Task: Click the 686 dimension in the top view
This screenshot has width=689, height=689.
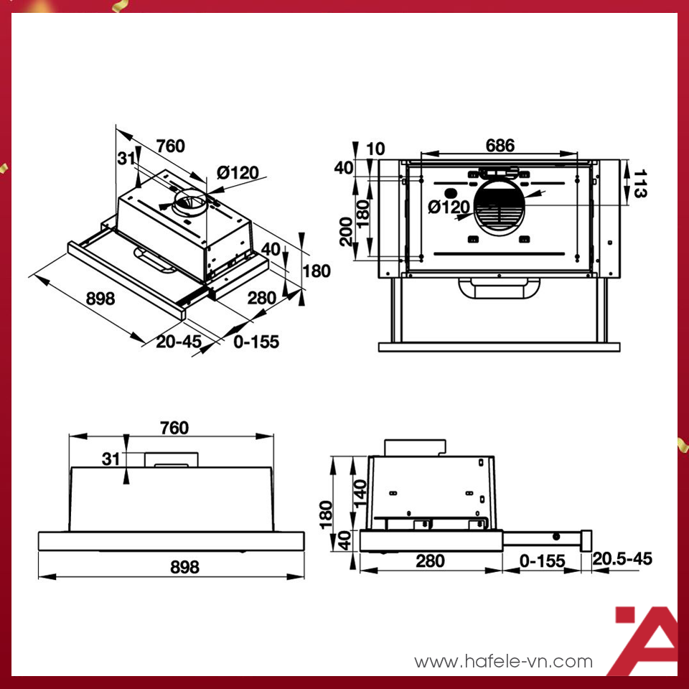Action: pos(500,146)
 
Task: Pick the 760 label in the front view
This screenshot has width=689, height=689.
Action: pos(174,428)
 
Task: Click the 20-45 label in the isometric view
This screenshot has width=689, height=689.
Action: pos(178,342)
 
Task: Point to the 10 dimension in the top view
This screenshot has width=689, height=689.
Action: pos(375,149)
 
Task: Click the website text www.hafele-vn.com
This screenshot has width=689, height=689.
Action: pos(504,661)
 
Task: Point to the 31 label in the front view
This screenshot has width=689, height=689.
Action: pos(110,459)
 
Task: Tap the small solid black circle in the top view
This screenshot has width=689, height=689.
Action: pos(451,193)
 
